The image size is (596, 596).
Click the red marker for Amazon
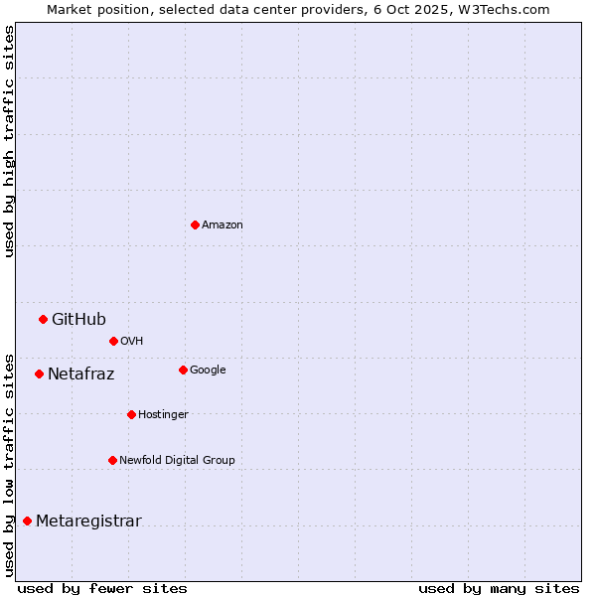coord(195,224)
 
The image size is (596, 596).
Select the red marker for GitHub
coord(43,319)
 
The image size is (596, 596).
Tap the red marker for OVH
coord(113,341)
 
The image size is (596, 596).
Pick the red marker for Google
coord(183,370)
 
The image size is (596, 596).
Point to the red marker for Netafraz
coord(39,373)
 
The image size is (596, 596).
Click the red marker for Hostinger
coord(131,414)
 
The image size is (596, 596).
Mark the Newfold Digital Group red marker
coord(112,460)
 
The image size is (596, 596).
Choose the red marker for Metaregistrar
coord(27,521)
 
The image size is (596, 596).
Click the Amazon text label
coord(223,225)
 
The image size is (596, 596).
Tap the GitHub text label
coord(78,319)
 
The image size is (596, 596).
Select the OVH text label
coord(132,342)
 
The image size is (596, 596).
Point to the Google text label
coord(208,371)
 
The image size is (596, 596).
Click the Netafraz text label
coord(80,374)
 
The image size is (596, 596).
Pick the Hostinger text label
coord(163,415)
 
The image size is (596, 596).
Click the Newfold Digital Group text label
coord(177,461)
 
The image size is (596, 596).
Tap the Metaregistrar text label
coord(88,521)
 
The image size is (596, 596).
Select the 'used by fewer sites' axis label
coord(102,588)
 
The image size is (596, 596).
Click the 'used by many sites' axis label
coord(499,588)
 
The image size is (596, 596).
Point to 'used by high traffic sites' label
coord(10,141)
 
